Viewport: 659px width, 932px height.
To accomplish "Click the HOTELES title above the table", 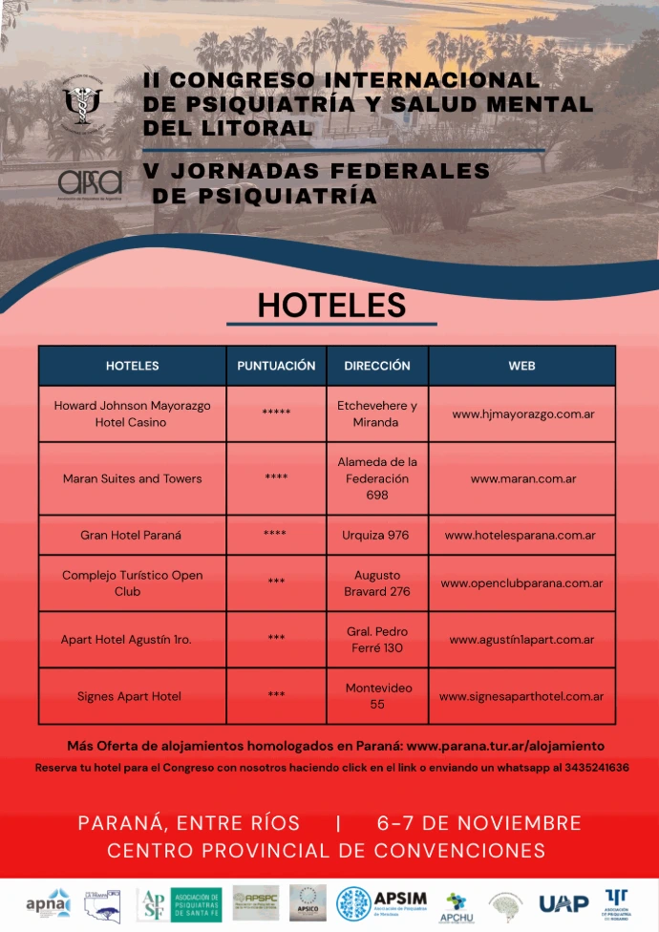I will click(x=331, y=305).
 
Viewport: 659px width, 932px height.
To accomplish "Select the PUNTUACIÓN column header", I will click(x=276, y=366).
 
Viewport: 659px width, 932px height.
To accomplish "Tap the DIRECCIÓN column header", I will click(x=377, y=366).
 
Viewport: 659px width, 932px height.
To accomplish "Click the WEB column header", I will click(x=521, y=366).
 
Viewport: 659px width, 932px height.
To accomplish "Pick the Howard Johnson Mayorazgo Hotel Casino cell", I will click(x=132, y=413).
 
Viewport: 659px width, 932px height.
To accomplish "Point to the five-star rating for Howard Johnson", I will click(x=276, y=413).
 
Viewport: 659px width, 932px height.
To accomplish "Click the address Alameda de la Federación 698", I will click(x=377, y=478).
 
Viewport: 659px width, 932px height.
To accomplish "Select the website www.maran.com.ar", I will click(x=521, y=478).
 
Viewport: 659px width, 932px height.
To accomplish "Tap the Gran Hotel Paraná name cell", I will click(x=132, y=536).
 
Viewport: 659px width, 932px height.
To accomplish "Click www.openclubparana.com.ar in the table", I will click(x=521, y=583).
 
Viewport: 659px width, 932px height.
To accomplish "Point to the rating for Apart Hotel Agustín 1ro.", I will click(x=276, y=639).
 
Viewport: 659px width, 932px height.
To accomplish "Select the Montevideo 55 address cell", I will click(x=377, y=695).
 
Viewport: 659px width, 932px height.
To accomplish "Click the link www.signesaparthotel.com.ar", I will click(x=521, y=696).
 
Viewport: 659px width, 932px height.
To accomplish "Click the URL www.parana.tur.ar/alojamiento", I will click(x=505, y=746).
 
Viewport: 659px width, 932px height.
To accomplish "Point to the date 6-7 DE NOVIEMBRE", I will click(x=479, y=823).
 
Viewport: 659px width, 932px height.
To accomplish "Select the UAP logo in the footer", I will click(x=563, y=902).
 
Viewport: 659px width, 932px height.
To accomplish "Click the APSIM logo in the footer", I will click(x=384, y=902).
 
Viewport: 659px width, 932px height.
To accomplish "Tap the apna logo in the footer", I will click(x=47, y=902).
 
